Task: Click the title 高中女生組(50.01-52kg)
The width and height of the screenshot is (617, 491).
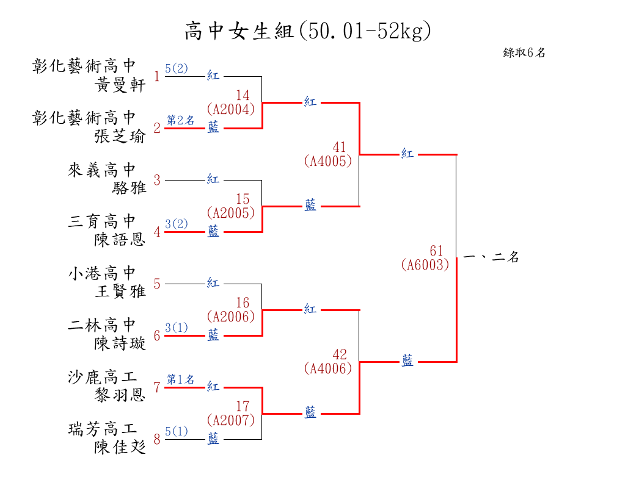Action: click(x=308, y=30)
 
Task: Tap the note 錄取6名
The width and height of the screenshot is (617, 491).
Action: click(x=524, y=52)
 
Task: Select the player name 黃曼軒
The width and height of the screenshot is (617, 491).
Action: click(x=120, y=85)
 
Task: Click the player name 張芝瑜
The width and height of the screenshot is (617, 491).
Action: click(x=120, y=136)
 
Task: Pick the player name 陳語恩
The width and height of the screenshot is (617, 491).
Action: click(x=120, y=240)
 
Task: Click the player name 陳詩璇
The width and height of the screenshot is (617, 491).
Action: click(x=120, y=343)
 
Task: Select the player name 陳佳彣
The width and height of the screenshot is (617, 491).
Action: click(x=120, y=447)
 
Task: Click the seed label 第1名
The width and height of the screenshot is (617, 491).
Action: click(x=180, y=379)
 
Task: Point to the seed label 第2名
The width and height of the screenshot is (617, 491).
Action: click(x=180, y=120)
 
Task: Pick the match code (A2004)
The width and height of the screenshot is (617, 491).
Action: click(x=230, y=109)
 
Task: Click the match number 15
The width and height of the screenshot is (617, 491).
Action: click(x=243, y=199)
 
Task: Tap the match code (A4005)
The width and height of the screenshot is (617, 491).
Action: click(x=327, y=161)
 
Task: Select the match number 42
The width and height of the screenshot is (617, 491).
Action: click(x=340, y=355)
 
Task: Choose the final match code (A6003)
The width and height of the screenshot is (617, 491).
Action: click(x=425, y=265)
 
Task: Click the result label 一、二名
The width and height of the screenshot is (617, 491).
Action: click(x=491, y=257)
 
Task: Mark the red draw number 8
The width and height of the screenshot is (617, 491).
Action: click(x=157, y=439)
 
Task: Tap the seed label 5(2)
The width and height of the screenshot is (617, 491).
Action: click(x=177, y=68)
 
